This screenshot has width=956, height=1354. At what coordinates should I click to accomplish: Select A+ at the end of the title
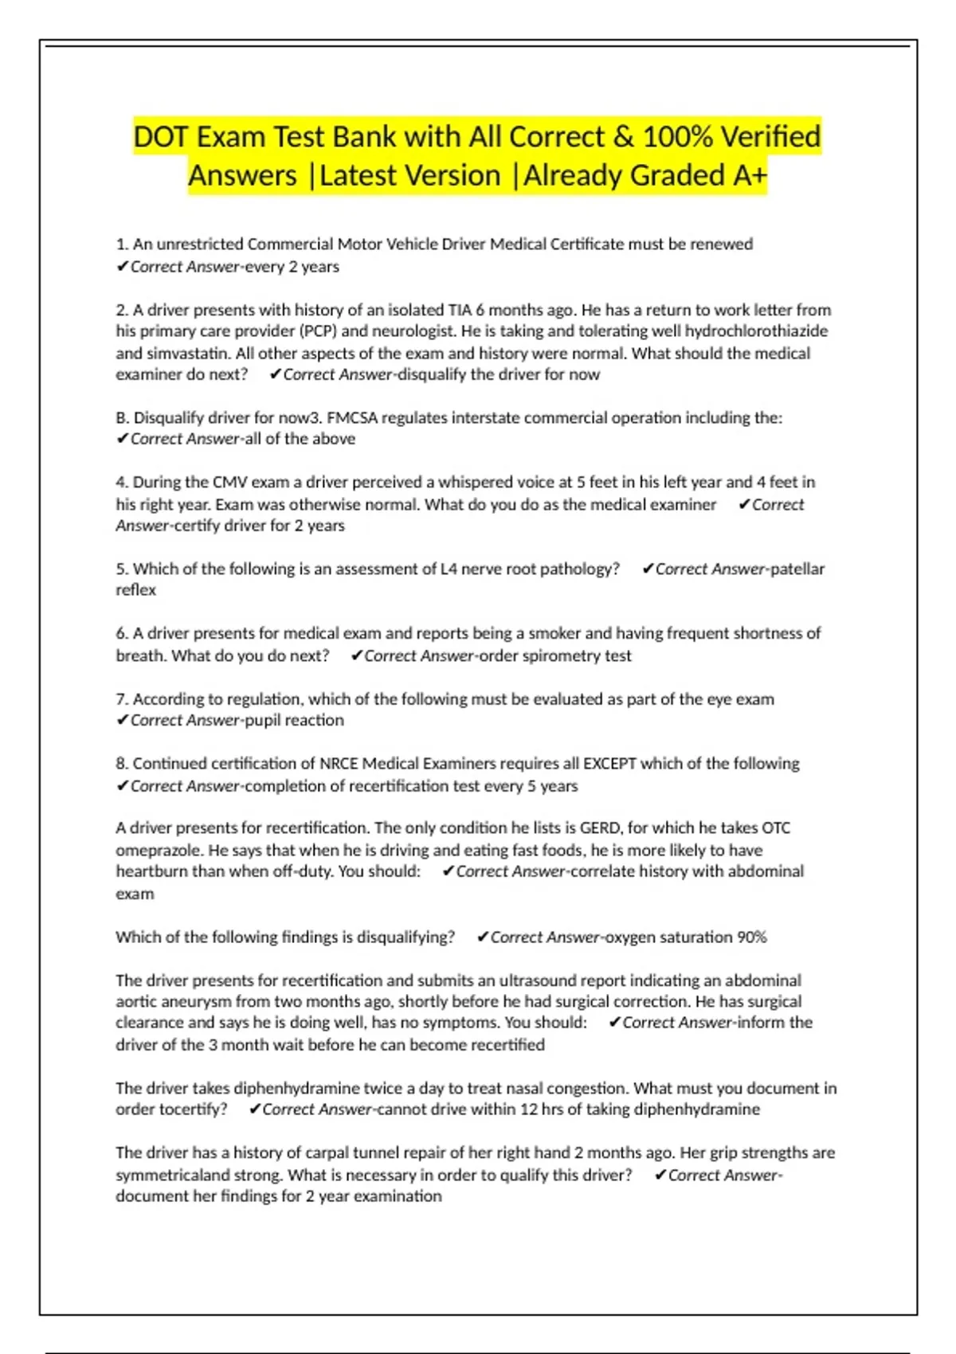pyautogui.click(x=750, y=176)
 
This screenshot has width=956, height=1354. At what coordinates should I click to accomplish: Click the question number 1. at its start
pyautogui.click(x=122, y=245)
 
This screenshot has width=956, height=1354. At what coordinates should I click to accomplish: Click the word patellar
pyautogui.click(x=797, y=569)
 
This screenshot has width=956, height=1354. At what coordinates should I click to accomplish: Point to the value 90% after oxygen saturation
pyautogui.click(x=751, y=937)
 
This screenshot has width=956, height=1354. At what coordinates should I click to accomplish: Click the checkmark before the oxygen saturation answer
pyautogui.click(x=482, y=937)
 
